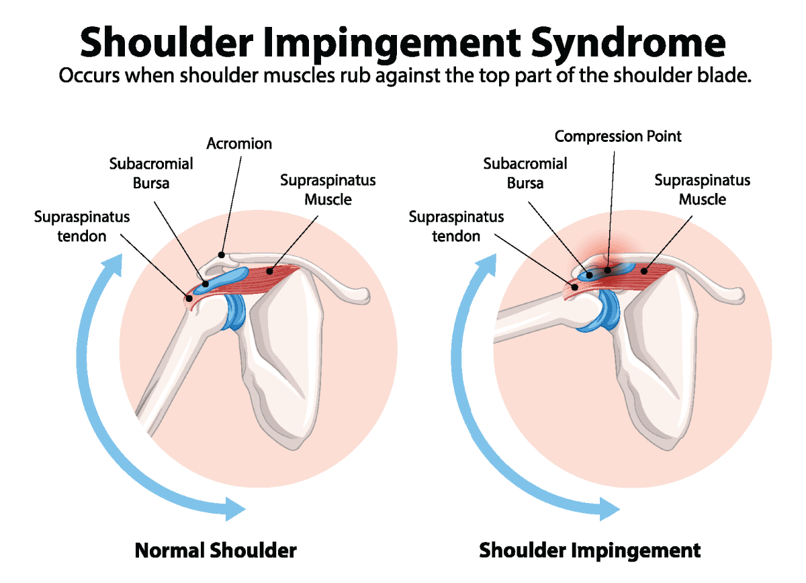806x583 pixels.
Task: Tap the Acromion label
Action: pyautogui.click(x=239, y=144)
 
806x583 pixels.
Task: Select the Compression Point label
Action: pyautogui.click(x=617, y=137)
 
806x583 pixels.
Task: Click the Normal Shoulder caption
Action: pyautogui.click(x=216, y=551)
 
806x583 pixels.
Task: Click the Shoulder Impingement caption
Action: pyautogui.click(x=590, y=551)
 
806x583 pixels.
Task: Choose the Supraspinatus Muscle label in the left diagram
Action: pyautogui.click(x=328, y=190)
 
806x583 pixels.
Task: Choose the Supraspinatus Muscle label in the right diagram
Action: pyautogui.click(x=702, y=190)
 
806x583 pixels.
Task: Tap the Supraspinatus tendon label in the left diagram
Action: pyautogui.click(x=82, y=227)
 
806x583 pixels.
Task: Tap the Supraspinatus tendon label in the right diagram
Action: pyautogui.click(x=456, y=227)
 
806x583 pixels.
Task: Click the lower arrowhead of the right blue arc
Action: pyautogui.click(x=608, y=508)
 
